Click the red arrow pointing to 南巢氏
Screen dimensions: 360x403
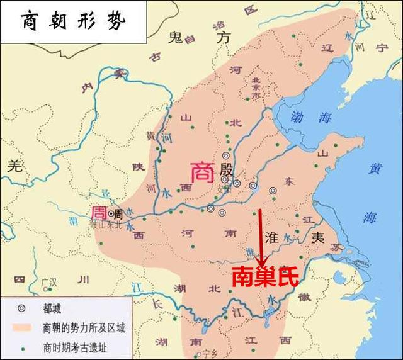261,236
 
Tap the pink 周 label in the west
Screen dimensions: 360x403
99,212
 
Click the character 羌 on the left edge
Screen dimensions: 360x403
14,166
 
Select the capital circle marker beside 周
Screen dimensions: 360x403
111,213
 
